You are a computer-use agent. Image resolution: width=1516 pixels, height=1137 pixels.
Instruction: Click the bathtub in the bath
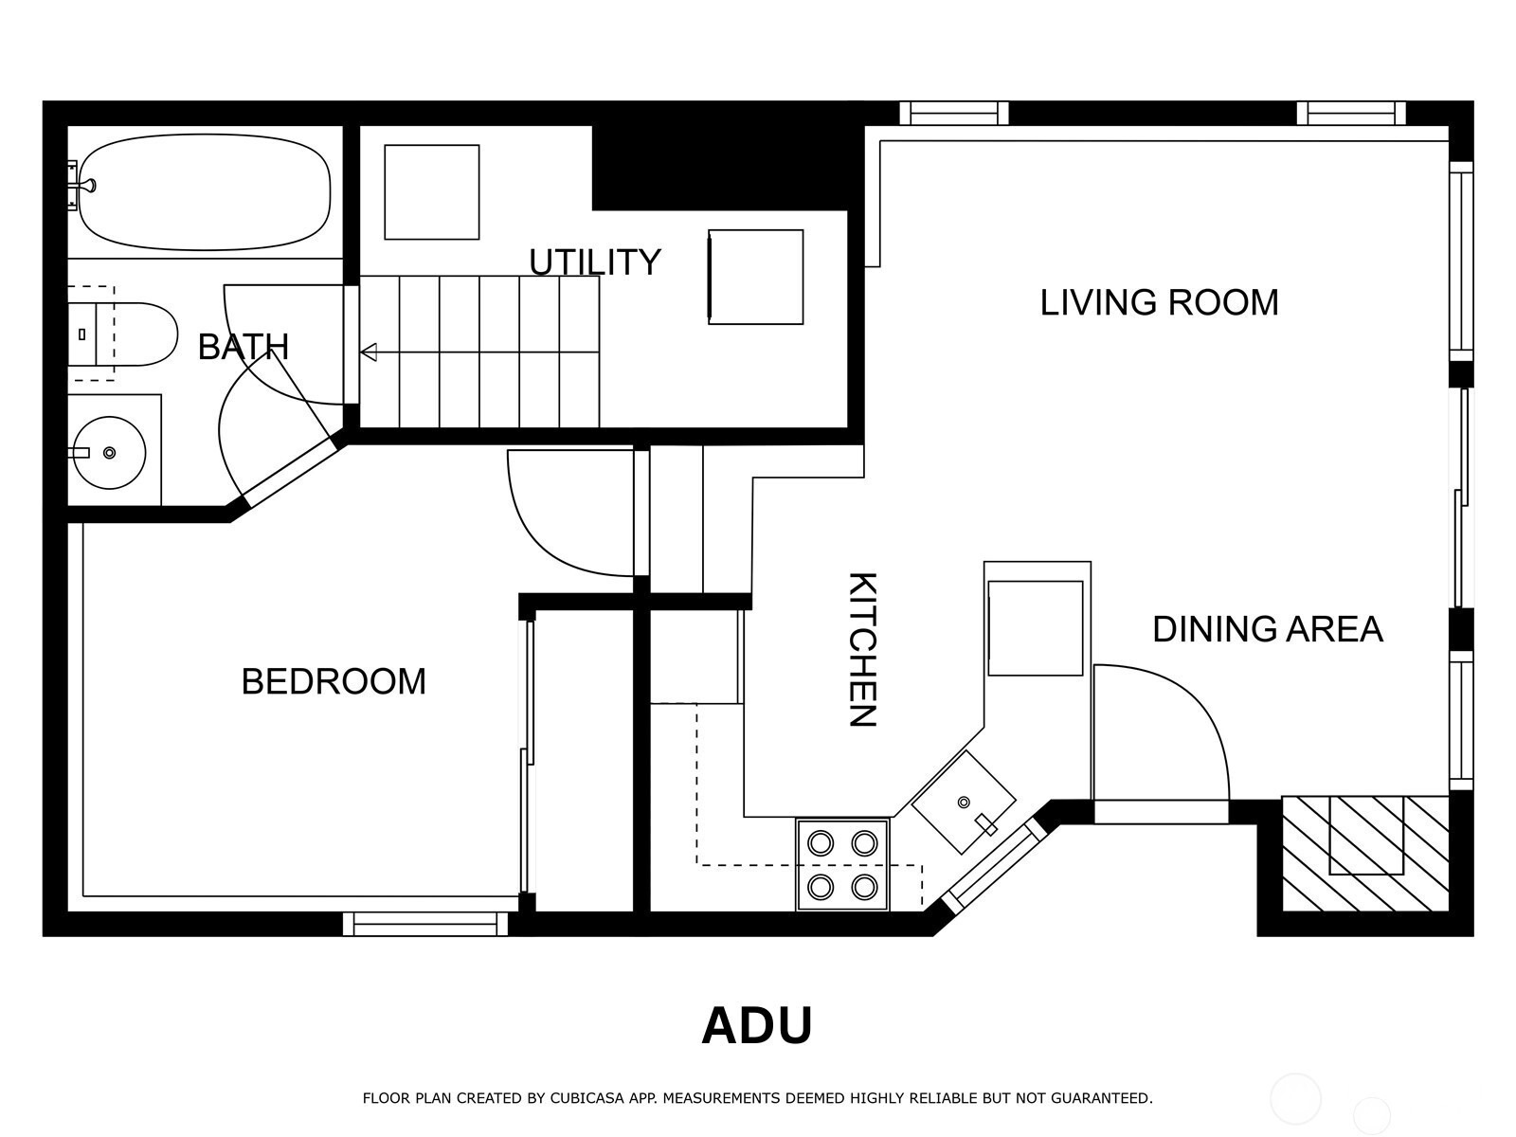[205, 192]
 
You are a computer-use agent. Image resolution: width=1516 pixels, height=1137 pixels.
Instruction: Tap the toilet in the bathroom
[122, 334]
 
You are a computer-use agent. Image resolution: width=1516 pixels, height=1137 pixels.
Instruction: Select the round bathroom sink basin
[109, 453]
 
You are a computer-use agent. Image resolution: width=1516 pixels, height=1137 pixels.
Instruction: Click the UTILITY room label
[595, 262]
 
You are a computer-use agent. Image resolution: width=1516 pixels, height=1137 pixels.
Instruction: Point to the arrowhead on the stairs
[369, 352]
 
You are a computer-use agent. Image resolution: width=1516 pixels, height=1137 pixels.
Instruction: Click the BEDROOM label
[334, 681]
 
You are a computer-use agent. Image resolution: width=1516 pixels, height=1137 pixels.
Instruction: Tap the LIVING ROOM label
[1159, 302]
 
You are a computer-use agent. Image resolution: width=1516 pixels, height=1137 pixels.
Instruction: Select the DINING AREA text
[1268, 629]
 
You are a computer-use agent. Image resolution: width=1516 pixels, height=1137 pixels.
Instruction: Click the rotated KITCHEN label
[862, 649]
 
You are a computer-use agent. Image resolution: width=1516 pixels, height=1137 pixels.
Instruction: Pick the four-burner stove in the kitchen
[842, 865]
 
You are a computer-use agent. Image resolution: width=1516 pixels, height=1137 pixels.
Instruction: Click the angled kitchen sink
[964, 803]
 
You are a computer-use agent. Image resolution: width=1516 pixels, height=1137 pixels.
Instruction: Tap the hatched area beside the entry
[1365, 854]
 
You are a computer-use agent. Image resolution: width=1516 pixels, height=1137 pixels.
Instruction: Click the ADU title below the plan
[757, 1026]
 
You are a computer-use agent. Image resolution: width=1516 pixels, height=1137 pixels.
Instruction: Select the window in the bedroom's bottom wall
[425, 924]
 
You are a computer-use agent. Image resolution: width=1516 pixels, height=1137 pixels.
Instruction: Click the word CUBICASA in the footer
[585, 1097]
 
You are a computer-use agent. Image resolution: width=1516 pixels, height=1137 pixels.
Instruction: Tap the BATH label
[244, 347]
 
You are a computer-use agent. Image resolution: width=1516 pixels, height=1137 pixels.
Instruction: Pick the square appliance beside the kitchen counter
[1036, 628]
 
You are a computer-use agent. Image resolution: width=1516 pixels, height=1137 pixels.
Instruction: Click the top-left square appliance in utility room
[432, 192]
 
